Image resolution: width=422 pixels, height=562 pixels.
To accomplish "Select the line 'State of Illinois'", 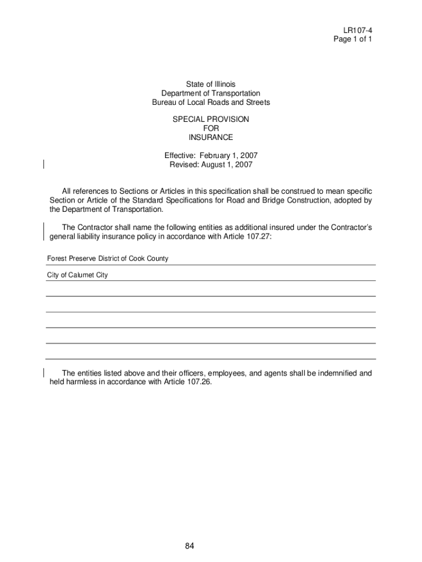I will click(x=210, y=85).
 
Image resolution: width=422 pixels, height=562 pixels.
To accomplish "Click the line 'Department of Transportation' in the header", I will click(x=210, y=94).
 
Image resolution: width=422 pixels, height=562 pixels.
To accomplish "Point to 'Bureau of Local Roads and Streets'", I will click(x=210, y=103).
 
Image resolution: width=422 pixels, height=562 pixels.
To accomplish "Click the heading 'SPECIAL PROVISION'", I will click(x=210, y=119).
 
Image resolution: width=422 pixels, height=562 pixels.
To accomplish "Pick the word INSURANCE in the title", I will click(x=210, y=137).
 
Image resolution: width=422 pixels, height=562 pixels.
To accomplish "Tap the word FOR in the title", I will click(x=210, y=128).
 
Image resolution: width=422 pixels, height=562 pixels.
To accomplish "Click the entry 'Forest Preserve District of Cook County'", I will click(x=107, y=258).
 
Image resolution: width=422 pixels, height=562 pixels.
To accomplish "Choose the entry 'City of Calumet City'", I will click(x=77, y=275).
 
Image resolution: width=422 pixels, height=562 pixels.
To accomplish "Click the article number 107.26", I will click(x=197, y=383).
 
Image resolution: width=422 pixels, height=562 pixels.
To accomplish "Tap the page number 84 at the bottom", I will click(x=190, y=546).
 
